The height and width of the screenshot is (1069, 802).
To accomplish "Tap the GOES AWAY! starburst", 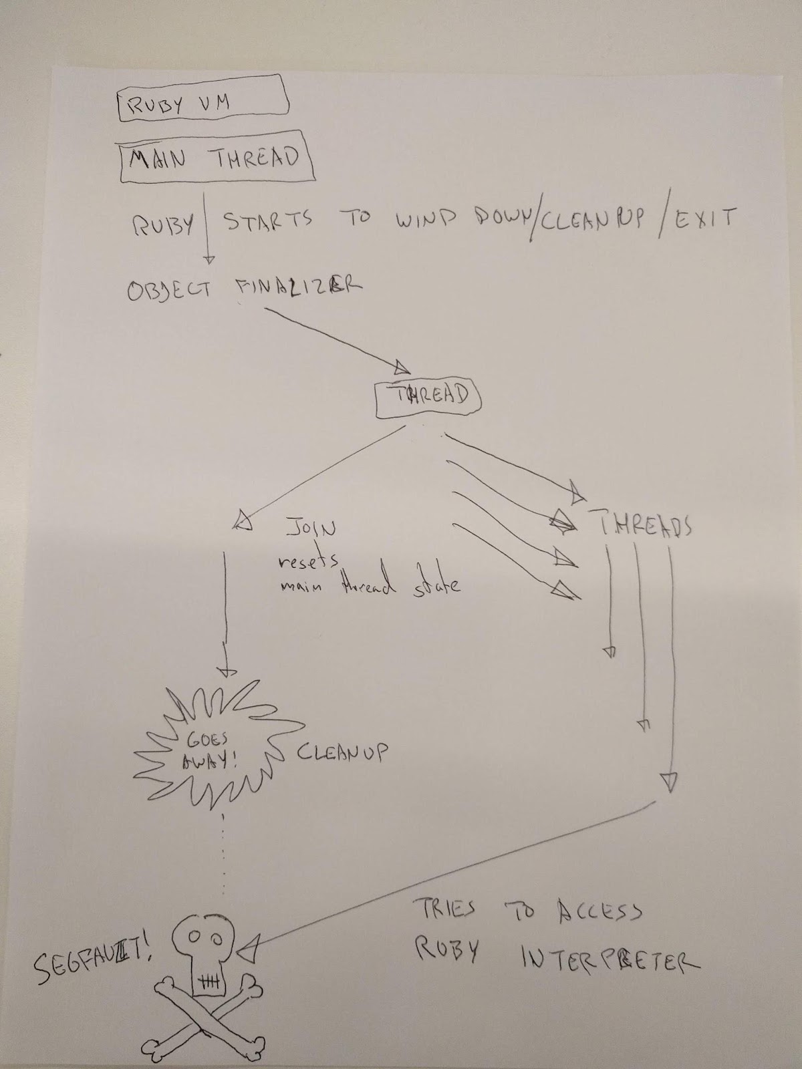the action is pyautogui.click(x=211, y=752).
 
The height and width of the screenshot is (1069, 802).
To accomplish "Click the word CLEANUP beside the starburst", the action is pyautogui.click(x=342, y=753).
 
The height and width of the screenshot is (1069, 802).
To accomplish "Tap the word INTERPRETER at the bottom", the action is pyautogui.click(x=609, y=959).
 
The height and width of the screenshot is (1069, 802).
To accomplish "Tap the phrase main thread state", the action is pyautogui.click(x=370, y=587).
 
